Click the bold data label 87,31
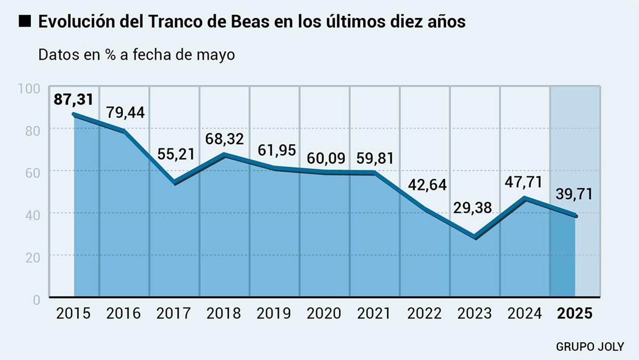(x=73, y=99)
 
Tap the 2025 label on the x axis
(x=575, y=313)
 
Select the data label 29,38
(x=472, y=208)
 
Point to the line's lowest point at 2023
(x=475, y=237)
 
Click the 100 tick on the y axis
(x=29, y=89)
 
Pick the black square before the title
(x=25, y=21)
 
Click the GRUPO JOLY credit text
(x=589, y=346)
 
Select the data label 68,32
(x=224, y=139)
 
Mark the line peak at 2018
(x=224, y=155)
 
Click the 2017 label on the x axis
(x=173, y=313)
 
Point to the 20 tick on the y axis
(x=33, y=258)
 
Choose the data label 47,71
(x=523, y=182)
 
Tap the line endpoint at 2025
(x=575, y=216)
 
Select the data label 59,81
(x=375, y=159)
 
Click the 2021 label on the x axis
(x=374, y=313)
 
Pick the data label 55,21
(x=176, y=154)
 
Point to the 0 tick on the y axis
(x=37, y=300)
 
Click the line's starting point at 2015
(x=74, y=114)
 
